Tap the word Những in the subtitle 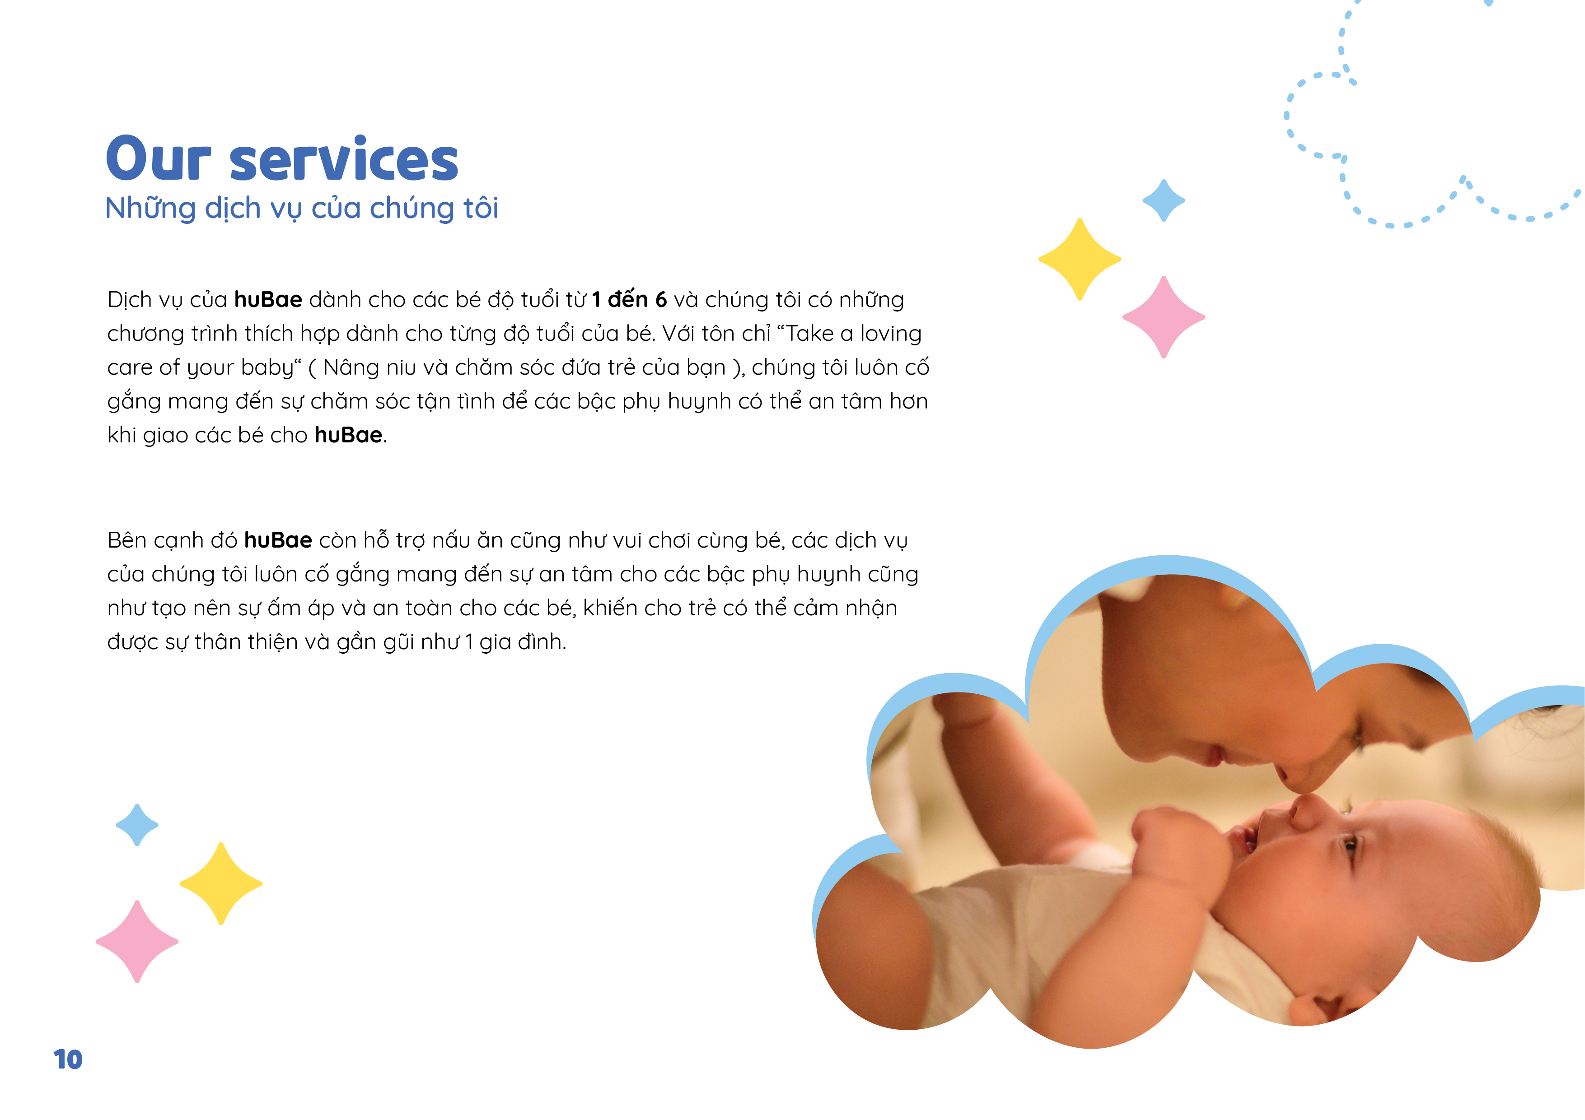click(x=150, y=209)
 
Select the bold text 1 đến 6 click(x=629, y=299)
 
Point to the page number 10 click(x=68, y=1059)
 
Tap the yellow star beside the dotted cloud click(x=1080, y=260)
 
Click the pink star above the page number click(x=137, y=941)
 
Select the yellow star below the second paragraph click(x=221, y=883)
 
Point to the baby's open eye click(x=1349, y=843)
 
